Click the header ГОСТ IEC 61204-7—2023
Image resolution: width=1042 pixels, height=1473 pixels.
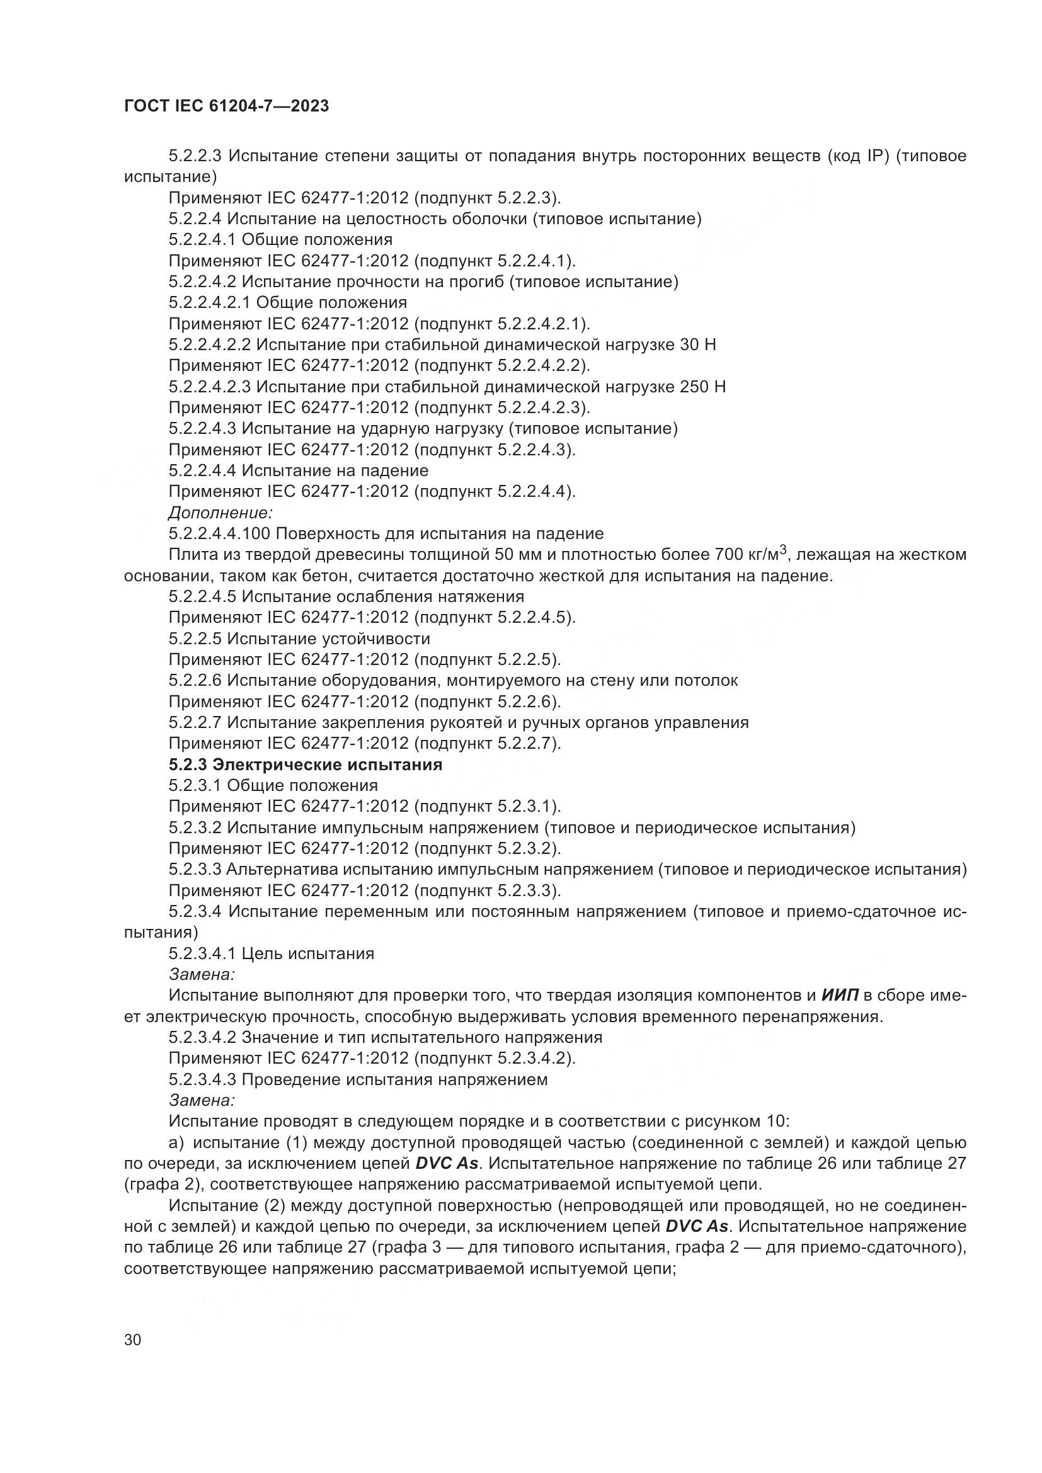(x=226, y=106)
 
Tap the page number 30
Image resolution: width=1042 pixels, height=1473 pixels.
(x=133, y=1339)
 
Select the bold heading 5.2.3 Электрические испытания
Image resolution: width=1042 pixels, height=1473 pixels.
(x=306, y=765)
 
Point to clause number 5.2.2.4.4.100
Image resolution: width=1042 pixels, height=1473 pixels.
(x=220, y=533)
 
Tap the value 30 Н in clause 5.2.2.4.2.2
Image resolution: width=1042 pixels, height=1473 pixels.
(x=697, y=344)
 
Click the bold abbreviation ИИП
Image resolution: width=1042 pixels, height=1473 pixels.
(x=839, y=995)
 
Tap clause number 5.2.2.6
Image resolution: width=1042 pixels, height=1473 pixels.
(x=195, y=680)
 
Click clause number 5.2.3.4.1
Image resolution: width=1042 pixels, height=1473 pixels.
(x=202, y=953)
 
